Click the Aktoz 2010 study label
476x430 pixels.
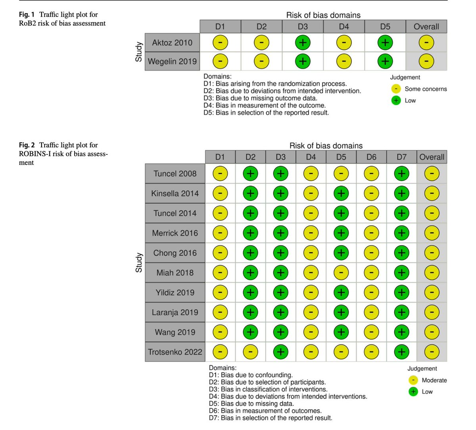pyautogui.click(x=172, y=42)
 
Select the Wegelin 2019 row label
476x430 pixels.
pyautogui.click(x=172, y=62)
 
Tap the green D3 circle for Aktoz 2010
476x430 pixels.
pyautogui.click(x=303, y=42)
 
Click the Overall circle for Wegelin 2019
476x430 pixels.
pyautogui.click(x=426, y=62)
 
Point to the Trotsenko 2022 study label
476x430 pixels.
pyautogui.click(x=175, y=352)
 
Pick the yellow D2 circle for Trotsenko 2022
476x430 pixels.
pyautogui.click(x=250, y=352)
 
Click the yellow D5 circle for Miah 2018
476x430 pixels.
pyautogui.click(x=341, y=272)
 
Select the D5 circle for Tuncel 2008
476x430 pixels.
pyautogui.click(x=341, y=173)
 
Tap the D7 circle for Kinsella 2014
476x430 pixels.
pyautogui.click(x=401, y=193)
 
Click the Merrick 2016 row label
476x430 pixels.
pyautogui.click(x=175, y=233)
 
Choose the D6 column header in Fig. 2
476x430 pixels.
pyautogui.click(x=371, y=157)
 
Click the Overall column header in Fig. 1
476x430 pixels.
pyautogui.click(x=426, y=27)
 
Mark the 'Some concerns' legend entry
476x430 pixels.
pyautogui.click(x=425, y=89)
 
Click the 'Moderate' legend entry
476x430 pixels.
pyautogui.click(x=434, y=380)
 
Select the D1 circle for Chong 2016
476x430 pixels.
pyautogui.click(x=220, y=253)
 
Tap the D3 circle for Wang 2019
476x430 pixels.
pyautogui.click(x=280, y=332)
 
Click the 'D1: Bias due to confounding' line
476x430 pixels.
pyautogui.click(x=251, y=375)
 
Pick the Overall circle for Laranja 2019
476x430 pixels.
pyautogui.click(x=432, y=312)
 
